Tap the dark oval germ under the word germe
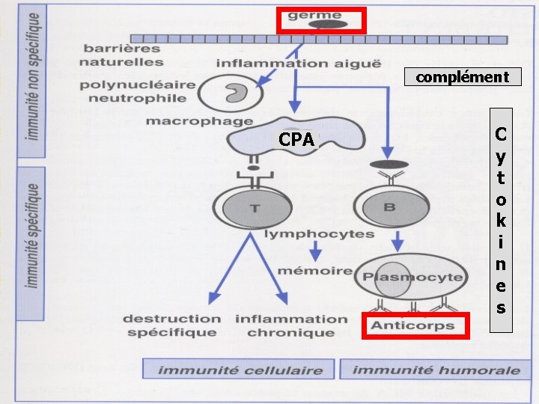pyautogui.click(x=328, y=25)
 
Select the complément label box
pyautogui.click(x=462, y=76)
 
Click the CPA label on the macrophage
pyautogui.click(x=296, y=139)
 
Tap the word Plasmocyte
pyautogui.click(x=412, y=277)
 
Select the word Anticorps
pyautogui.click(x=413, y=325)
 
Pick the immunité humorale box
pyautogui.click(x=436, y=370)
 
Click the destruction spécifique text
pyautogui.click(x=171, y=325)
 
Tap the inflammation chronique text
pyautogui.click(x=291, y=325)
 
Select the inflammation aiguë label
pyautogui.click(x=299, y=63)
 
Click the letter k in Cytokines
pyautogui.click(x=501, y=221)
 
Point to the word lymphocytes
pyautogui.click(x=318, y=234)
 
